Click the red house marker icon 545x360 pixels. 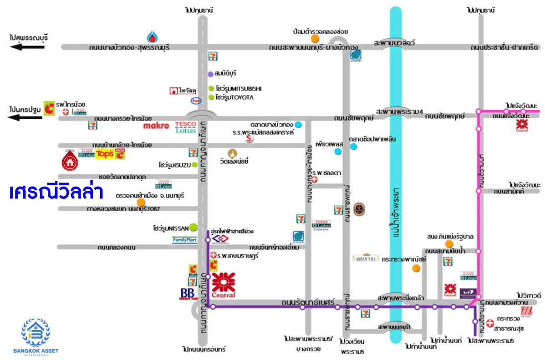pos(70,160)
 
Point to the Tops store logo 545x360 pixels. pos(105,154)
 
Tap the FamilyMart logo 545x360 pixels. pos(185,239)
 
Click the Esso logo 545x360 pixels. pos(196,100)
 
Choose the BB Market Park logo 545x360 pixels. pos(188,293)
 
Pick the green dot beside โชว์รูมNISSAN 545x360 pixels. pos(193,226)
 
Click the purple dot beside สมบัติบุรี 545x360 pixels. pos(210,73)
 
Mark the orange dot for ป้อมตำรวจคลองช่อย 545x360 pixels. pos(315,38)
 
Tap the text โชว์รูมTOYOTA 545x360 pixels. pos(235,97)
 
